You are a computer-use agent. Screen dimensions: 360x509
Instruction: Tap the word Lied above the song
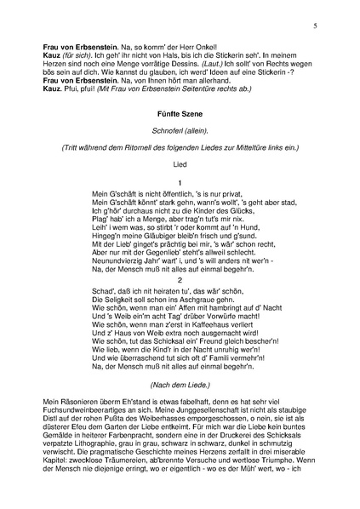point(179,166)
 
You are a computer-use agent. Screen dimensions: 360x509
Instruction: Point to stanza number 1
point(180,183)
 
